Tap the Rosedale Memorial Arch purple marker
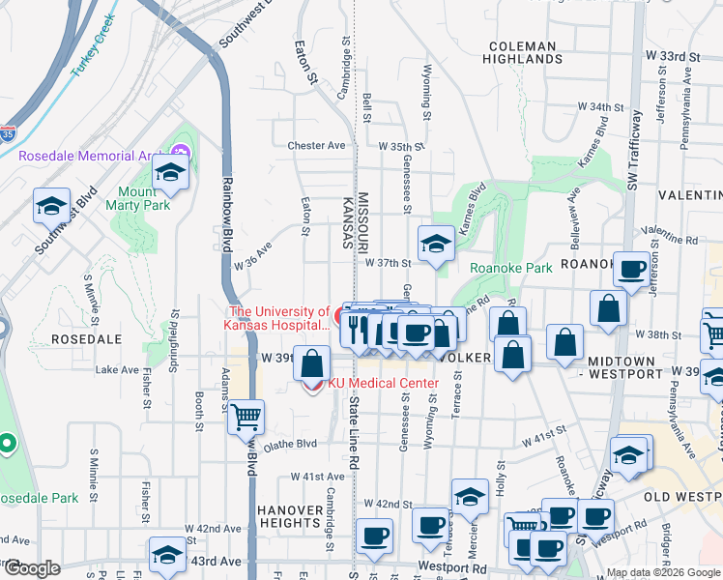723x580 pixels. pyautogui.click(x=180, y=153)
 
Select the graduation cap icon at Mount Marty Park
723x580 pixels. pyautogui.click(x=170, y=174)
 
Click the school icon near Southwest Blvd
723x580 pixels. pyautogui.click(x=51, y=206)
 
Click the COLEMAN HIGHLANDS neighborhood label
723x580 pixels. pyautogui.click(x=523, y=52)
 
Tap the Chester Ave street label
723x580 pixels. pyautogui.click(x=316, y=146)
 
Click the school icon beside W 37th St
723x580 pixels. pyautogui.click(x=436, y=245)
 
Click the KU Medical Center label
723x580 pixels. pyautogui.click(x=384, y=384)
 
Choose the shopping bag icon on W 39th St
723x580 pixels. pyautogui.click(x=311, y=365)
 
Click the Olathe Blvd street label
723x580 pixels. pyautogui.click(x=290, y=445)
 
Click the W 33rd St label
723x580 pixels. pyautogui.click(x=674, y=58)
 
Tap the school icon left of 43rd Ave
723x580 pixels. pyautogui.click(x=167, y=556)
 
